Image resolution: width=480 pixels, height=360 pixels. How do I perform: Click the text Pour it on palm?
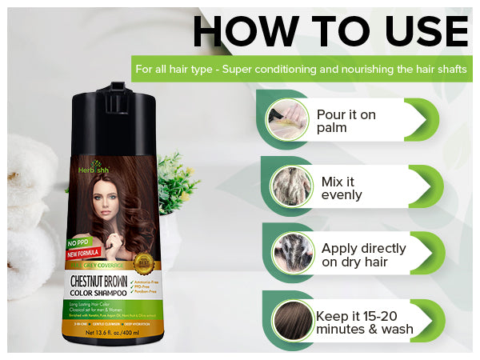346,121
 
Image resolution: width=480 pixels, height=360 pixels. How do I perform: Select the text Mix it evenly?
342,187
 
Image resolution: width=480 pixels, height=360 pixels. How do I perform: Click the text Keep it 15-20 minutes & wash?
365,322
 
